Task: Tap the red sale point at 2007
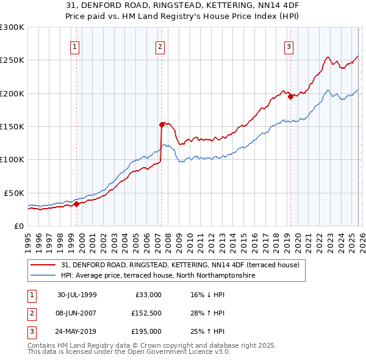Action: (x=162, y=124)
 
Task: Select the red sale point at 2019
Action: (x=290, y=96)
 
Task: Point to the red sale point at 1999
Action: (x=77, y=204)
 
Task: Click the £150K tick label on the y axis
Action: (x=12, y=126)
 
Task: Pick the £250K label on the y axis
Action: (x=12, y=60)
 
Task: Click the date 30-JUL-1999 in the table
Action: (x=77, y=294)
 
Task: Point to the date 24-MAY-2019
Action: (x=77, y=332)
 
